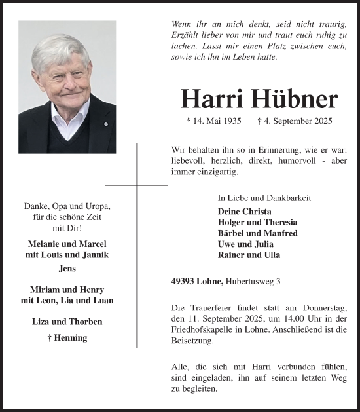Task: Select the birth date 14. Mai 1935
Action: (214, 121)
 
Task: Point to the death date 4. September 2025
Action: (295, 121)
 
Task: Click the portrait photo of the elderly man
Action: (67, 86)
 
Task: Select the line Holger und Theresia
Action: (257, 222)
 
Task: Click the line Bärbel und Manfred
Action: (257, 233)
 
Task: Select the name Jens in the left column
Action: (67, 269)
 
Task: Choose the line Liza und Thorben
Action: (67, 322)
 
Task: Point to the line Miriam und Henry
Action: (67, 290)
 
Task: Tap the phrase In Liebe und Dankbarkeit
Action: (264, 198)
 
